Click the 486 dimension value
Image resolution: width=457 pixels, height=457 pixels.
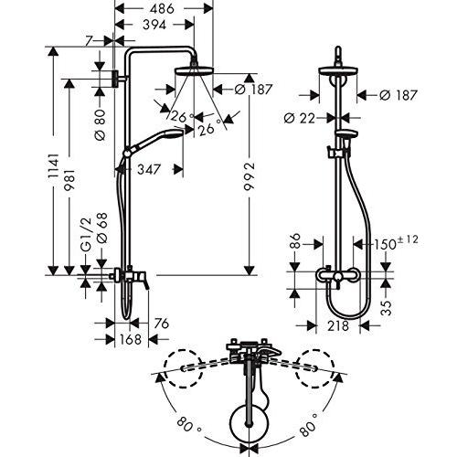click(162, 8)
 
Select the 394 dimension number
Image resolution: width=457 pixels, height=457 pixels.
click(154, 25)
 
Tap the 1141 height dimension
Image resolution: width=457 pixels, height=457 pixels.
click(53, 166)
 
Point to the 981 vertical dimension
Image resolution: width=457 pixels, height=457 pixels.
click(69, 179)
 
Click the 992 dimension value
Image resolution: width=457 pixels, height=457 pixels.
click(250, 176)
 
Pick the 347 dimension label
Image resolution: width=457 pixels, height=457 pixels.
click(149, 169)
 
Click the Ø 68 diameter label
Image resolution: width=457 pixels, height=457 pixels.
click(102, 228)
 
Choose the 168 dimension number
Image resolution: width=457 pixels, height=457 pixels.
click(131, 339)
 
